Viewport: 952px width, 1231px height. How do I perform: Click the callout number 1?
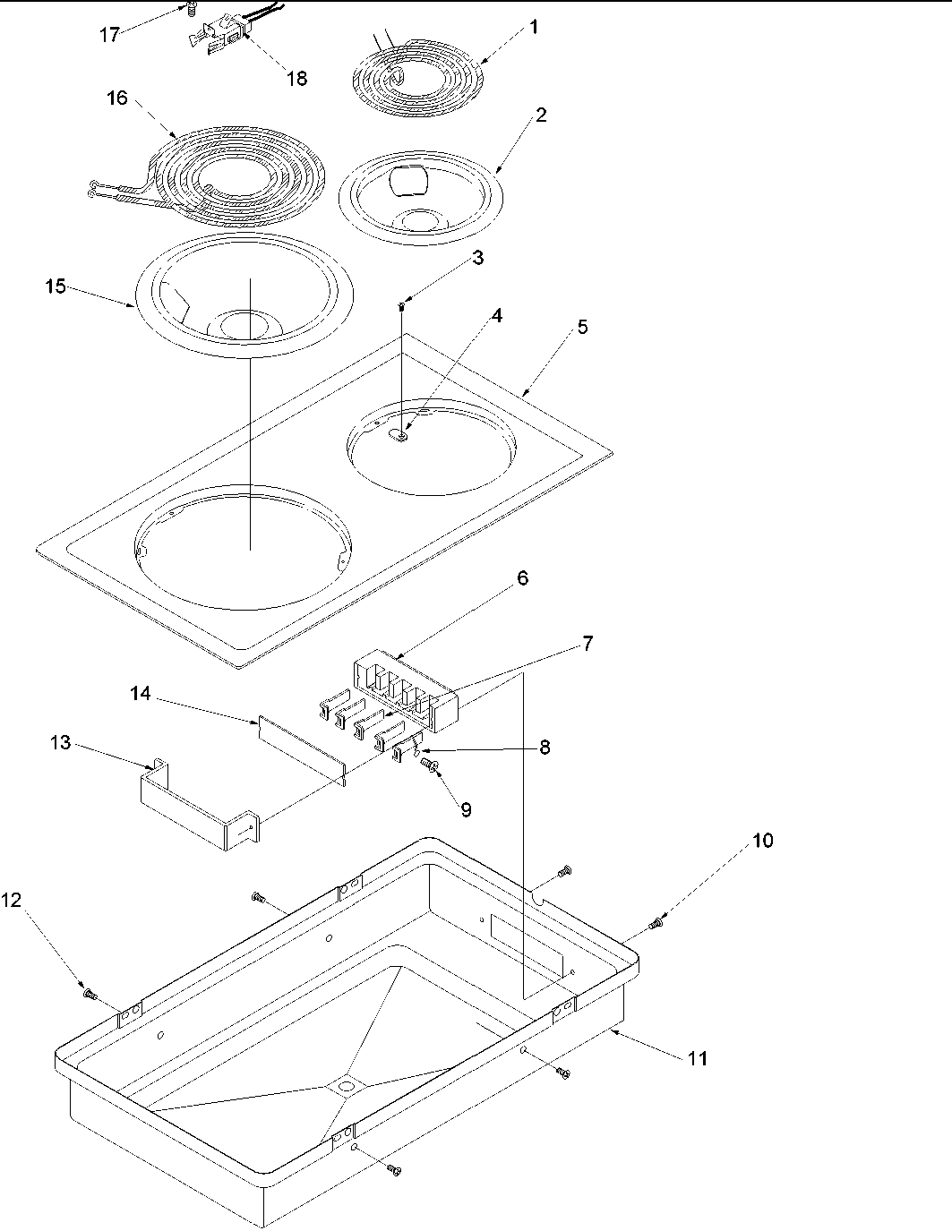(x=534, y=27)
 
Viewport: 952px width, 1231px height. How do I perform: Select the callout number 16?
(x=117, y=98)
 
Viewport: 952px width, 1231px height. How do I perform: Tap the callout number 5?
(x=582, y=327)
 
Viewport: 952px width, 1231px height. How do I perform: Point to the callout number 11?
(x=697, y=1058)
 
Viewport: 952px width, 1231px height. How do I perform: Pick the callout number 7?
(x=587, y=643)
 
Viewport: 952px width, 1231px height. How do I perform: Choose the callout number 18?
(x=296, y=78)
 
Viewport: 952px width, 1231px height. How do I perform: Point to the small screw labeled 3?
(x=402, y=307)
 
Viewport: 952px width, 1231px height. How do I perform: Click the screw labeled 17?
(x=191, y=10)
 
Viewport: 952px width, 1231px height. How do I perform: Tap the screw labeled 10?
(x=656, y=922)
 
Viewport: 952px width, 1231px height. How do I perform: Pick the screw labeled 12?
(x=89, y=993)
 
